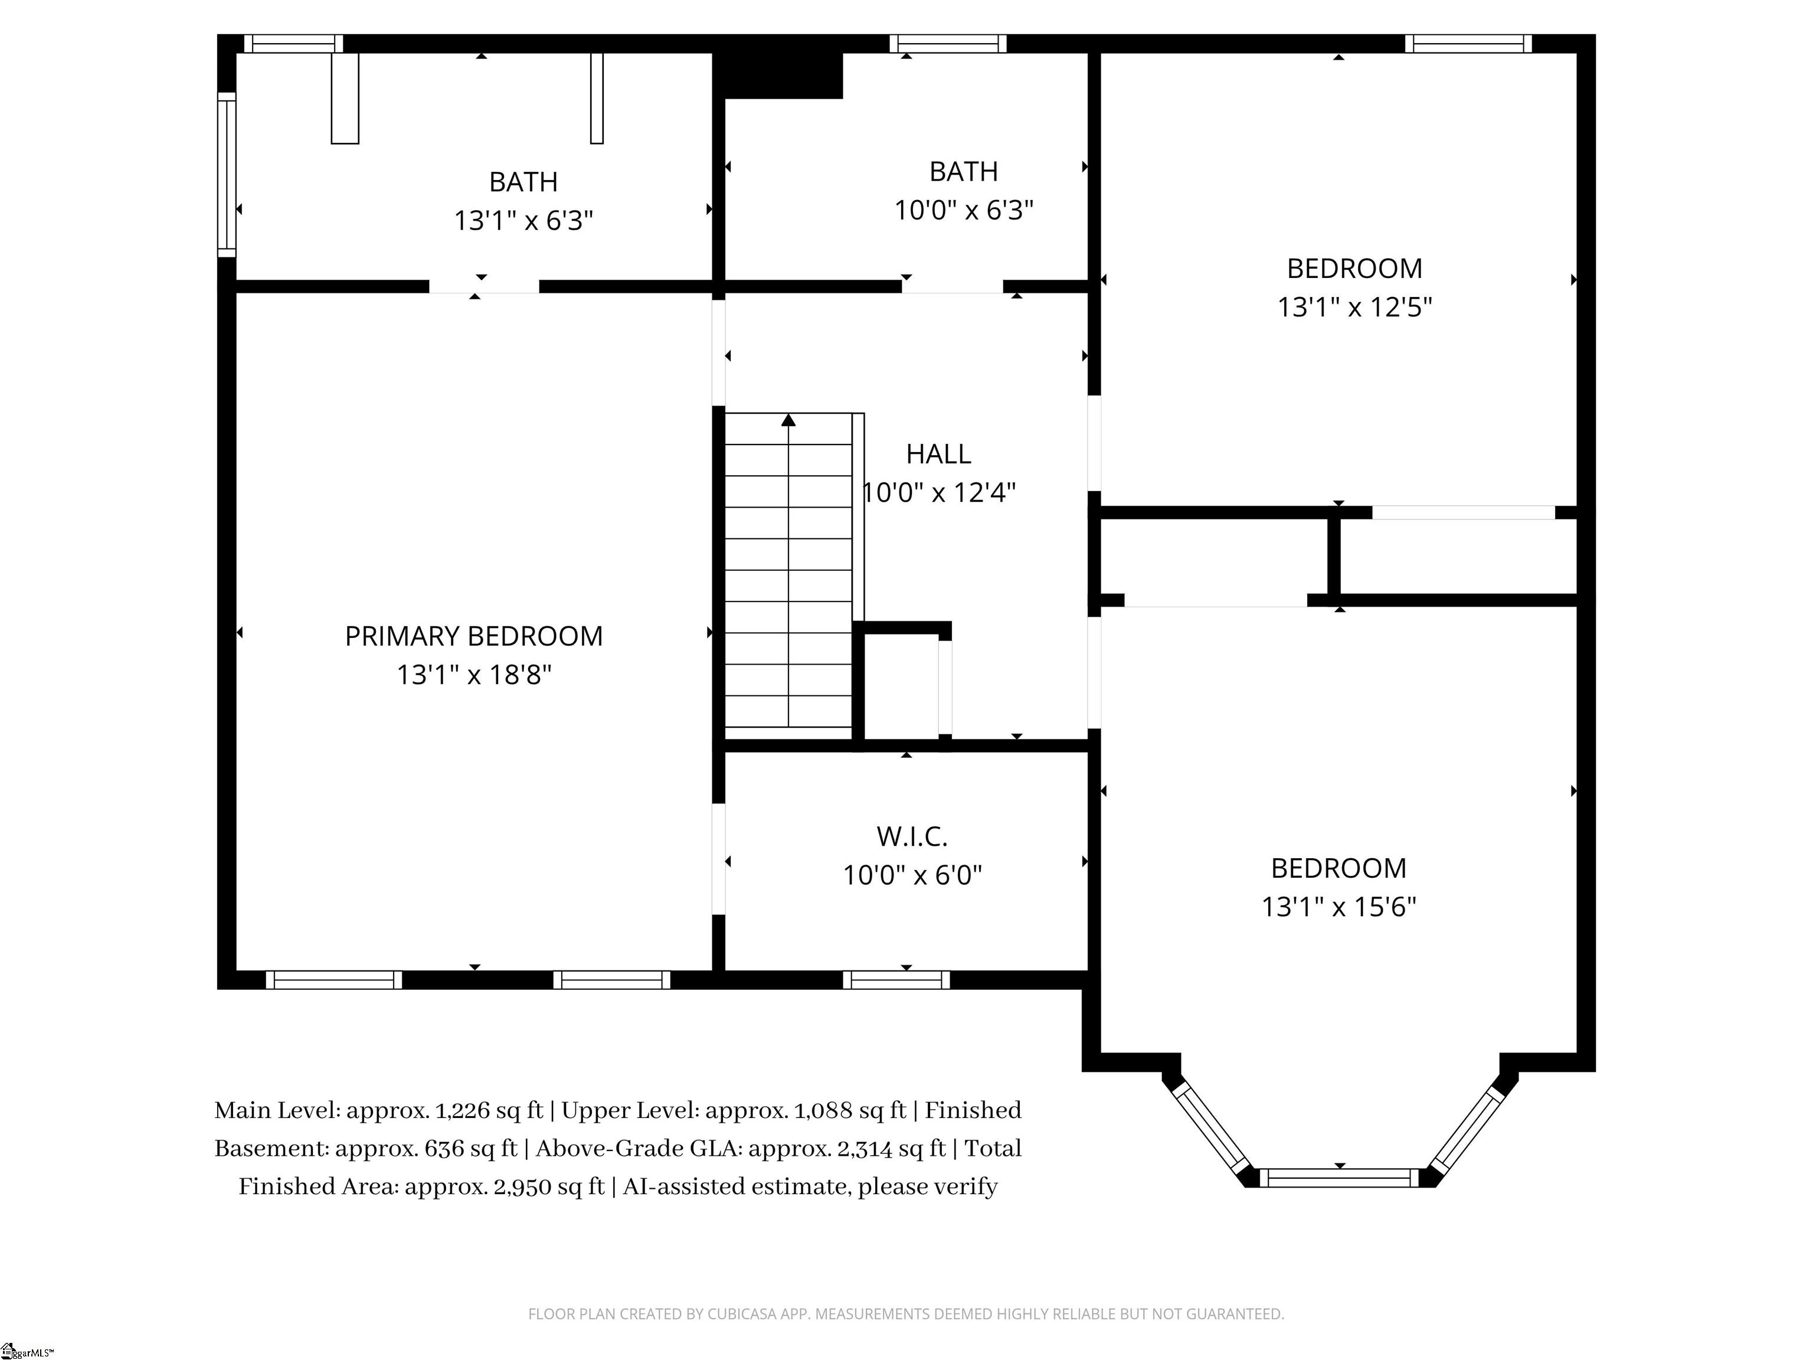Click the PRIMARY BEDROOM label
(474, 636)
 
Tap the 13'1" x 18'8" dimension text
(474, 675)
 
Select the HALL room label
(938, 453)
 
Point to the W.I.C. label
(912, 836)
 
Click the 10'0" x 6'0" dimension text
(912, 875)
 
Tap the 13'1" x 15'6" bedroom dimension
(1339, 907)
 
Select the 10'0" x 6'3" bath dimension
(964, 210)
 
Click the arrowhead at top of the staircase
(788, 420)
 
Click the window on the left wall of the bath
(226, 175)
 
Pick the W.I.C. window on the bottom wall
(896, 980)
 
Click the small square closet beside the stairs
(902, 685)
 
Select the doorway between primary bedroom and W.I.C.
(719, 859)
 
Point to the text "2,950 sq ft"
(545, 1187)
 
